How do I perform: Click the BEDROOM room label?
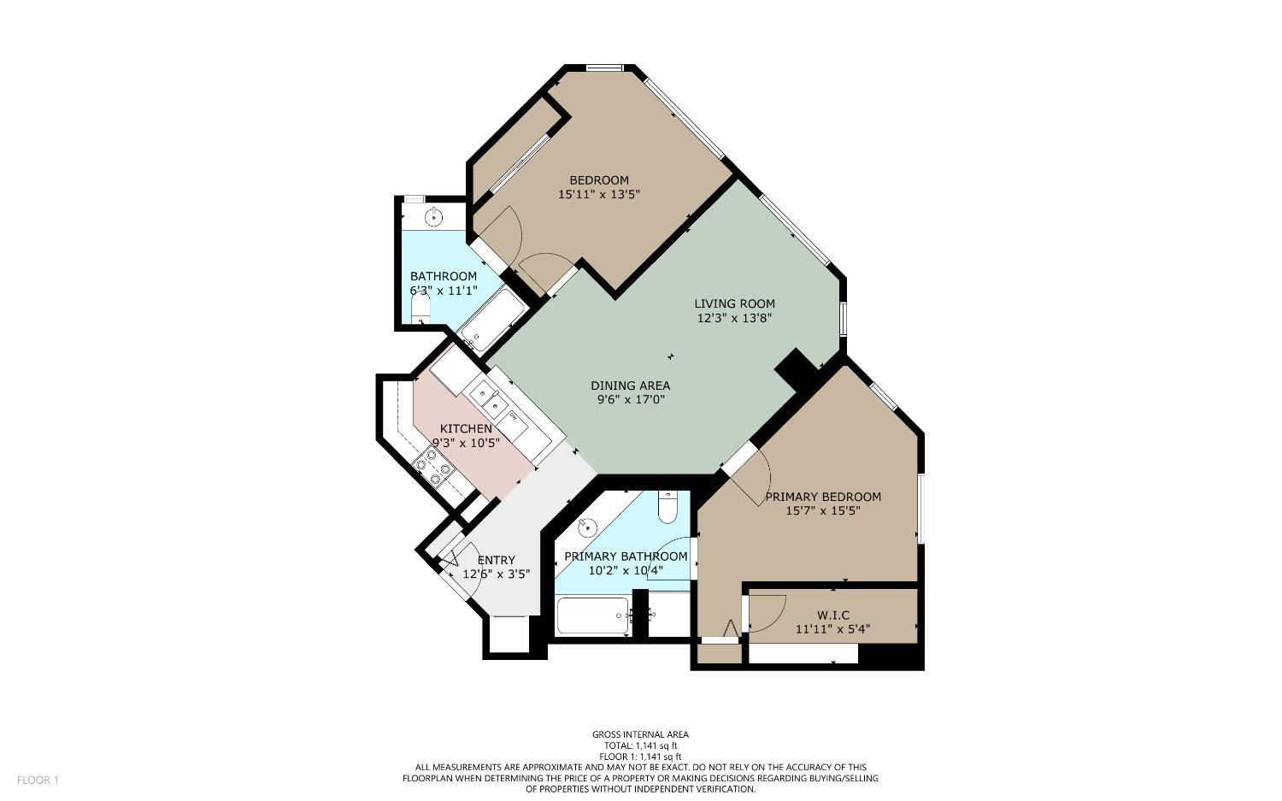(x=598, y=180)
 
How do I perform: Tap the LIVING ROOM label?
(x=734, y=303)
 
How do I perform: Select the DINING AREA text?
(x=630, y=386)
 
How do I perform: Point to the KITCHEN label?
(x=466, y=428)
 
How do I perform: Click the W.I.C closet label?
(x=832, y=615)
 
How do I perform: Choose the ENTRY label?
(x=496, y=561)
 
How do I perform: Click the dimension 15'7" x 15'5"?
(x=822, y=511)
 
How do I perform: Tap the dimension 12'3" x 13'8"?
(x=734, y=318)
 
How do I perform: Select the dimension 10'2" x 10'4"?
(x=626, y=570)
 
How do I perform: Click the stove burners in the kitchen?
(x=432, y=467)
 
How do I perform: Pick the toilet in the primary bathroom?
(x=667, y=508)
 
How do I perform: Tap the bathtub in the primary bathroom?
(x=591, y=615)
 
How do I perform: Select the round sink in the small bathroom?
(x=434, y=216)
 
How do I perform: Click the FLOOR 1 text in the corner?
(x=38, y=780)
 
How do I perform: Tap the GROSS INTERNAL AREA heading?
(x=640, y=734)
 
